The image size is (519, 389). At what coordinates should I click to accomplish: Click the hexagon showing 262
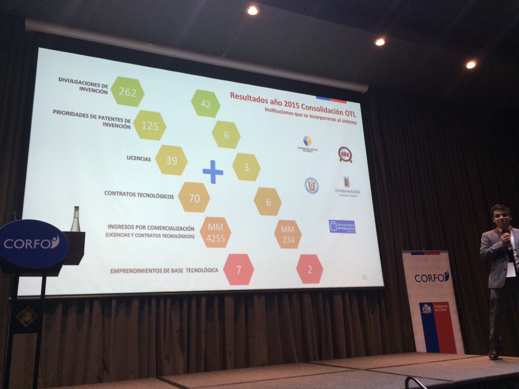(x=127, y=92)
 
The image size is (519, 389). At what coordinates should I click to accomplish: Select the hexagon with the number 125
(x=150, y=125)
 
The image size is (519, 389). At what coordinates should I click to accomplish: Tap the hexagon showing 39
(x=171, y=160)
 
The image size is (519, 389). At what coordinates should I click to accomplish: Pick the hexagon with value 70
(x=194, y=198)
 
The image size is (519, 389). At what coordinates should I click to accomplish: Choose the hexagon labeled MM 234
(x=288, y=235)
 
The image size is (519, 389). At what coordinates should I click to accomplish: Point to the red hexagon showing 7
(x=238, y=269)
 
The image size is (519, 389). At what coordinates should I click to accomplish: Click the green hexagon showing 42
(x=205, y=103)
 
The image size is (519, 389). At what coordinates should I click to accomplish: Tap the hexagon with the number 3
(x=246, y=167)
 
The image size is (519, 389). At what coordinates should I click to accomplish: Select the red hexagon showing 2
(x=310, y=269)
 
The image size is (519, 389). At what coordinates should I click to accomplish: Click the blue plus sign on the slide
(x=213, y=172)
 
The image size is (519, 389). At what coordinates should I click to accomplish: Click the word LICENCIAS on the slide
(x=138, y=159)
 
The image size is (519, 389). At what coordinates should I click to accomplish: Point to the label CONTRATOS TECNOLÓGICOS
(x=139, y=194)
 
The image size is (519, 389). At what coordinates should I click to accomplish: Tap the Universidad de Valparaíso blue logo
(x=342, y=226)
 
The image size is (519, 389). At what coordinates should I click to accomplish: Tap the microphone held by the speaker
(x=506, y=235)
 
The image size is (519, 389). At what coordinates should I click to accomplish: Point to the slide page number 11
(x=364, y=277)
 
